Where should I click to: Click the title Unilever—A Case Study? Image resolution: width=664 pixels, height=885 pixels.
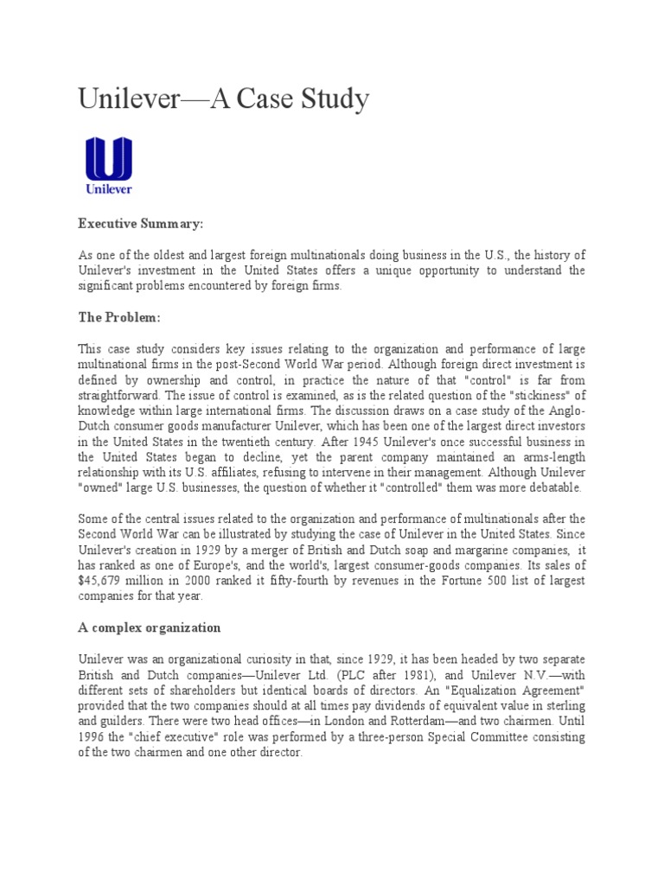pos(224,99)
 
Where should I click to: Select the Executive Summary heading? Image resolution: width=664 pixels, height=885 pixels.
pos(141,224)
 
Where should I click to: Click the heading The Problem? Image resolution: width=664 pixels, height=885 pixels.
pos(119,317)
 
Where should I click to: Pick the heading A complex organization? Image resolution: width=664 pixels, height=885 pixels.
pos(150,627)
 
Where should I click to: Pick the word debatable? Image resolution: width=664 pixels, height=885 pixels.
pos(551,487)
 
